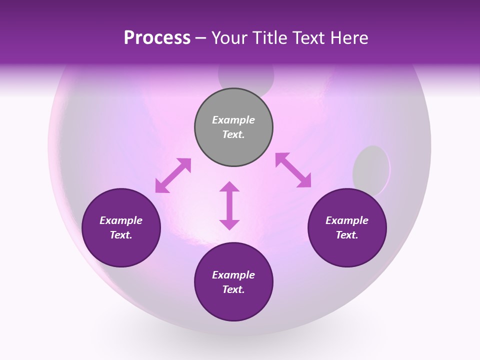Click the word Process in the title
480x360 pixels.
tap(157, 38)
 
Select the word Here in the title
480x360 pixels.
tap(349, 38)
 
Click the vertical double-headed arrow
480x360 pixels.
tap(229, 205)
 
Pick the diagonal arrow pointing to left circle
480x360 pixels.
tap(173, 175)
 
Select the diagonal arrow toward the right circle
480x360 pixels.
tap(293, 170)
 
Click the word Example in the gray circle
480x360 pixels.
tap(233, 120)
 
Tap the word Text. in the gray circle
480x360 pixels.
tap(233, 134)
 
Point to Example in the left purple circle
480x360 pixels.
tap(121, 220)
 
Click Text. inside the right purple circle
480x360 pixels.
tap(347, 235)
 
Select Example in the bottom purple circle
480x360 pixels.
tap(233, 275)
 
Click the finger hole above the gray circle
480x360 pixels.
tap(246, 78)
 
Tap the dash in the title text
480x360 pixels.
tap(201, 38)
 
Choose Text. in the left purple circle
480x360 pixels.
tap(121, 235)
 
